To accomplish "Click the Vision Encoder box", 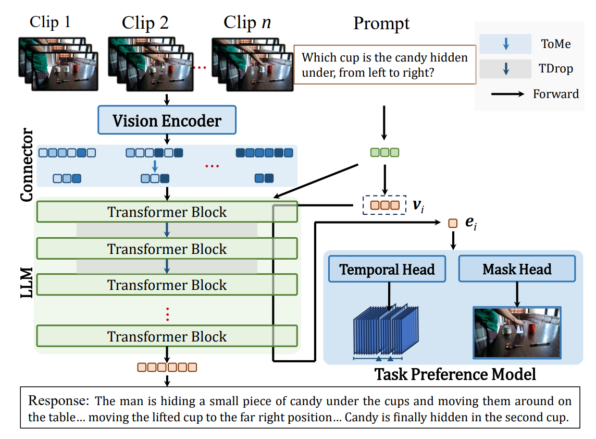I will pyautogui.click(x=167, y=120).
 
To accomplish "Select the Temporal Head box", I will pyautogui.click(x=387, y=269).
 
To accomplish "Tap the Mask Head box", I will pyautogui.click(x=517, y=269).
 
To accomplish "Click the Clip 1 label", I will pyautogui.click(x=50, y=22).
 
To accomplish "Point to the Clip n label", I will pyautogui.click(x=247, y=22).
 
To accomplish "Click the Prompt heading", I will pyautogui.click(x=381, y=23).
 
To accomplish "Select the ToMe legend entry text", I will pyautogui.click(x=556, y=44).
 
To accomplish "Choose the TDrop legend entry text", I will pyautogui.click(x=556, y=68).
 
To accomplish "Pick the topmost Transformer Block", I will pyautogui.click(x=167, y=212).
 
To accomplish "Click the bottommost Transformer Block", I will pyautogui.click(x=167, y=336).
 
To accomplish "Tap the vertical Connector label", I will pyautogui.click(x=27, y=166).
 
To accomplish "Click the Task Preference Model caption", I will pyautogui.click(x=455, y=374).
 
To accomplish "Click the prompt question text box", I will pyautogui.click(x=385, y=65).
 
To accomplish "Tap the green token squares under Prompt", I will pyautogui.click(x=384, y=153).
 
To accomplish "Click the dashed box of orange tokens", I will pyautogui.click(x=384, y=205).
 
